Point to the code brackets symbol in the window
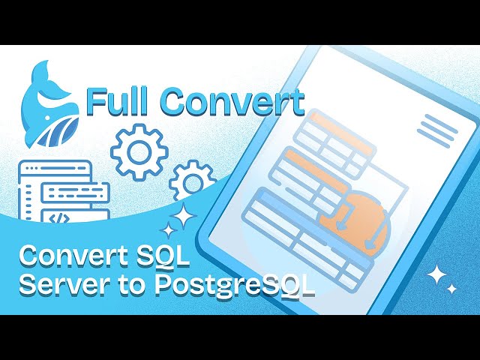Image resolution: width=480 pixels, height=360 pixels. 57,216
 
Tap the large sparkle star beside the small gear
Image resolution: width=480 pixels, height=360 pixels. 182,217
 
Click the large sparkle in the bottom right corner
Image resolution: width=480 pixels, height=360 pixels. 436,276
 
